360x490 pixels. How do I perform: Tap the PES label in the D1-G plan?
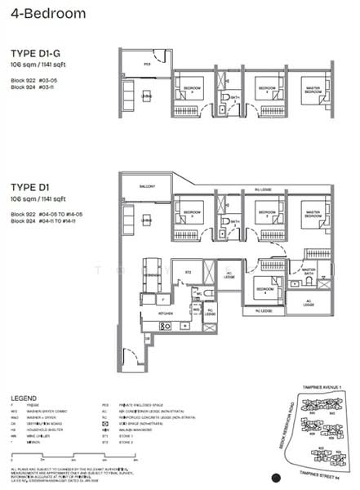(x=148, y=62)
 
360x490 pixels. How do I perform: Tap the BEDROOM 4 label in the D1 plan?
(x=262, y=290)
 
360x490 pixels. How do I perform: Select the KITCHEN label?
(x=167, y=312)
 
